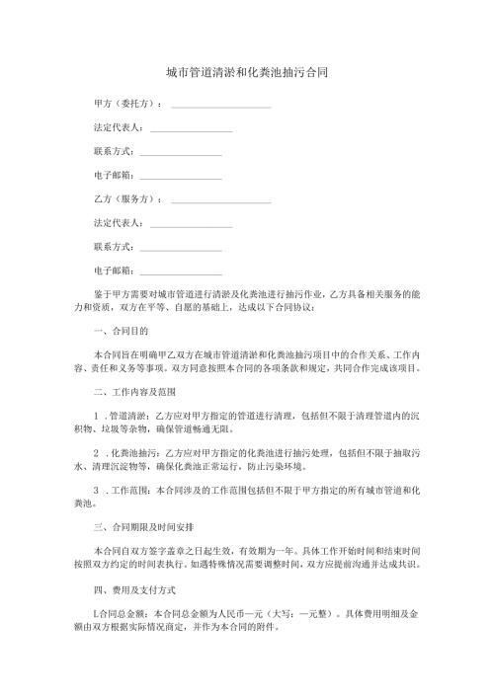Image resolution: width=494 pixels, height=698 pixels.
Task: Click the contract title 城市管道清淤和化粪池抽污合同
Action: pyautogui.click(x=247, y=73)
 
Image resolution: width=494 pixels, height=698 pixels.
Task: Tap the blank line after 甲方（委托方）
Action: pyautogui.click(x=221, y=104)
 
